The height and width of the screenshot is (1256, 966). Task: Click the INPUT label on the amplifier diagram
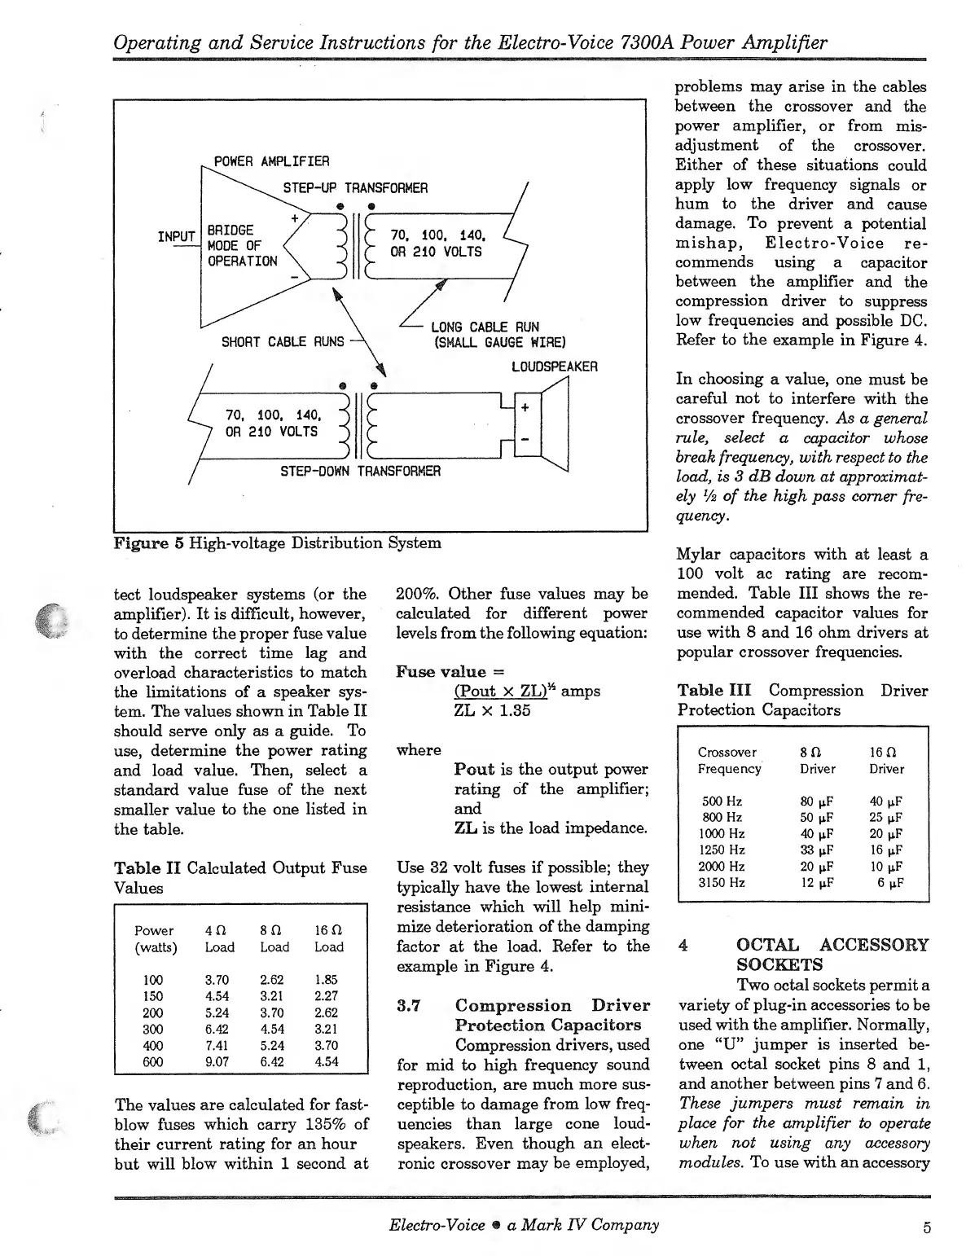[177, 237]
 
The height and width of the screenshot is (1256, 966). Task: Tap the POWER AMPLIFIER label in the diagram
[271, 161]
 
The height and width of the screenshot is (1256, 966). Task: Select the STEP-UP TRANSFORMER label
[355, 188]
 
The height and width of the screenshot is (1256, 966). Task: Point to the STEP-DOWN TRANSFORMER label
[360, 471]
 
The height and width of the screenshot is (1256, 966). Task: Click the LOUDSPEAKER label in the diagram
[554, 367]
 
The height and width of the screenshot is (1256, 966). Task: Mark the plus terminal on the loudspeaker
[525, 406]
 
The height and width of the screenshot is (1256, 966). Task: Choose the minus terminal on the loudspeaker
[525, 439]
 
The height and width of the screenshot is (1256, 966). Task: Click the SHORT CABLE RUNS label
[283, 342]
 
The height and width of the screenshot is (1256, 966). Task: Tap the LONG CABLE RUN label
[485, 327]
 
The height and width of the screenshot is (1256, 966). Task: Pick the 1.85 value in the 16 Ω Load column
[326, 980]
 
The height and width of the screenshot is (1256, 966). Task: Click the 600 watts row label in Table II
[152, 1061]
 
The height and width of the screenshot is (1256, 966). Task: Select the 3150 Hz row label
[722, 882]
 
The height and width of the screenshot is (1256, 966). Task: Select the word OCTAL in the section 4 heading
[769, 945]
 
